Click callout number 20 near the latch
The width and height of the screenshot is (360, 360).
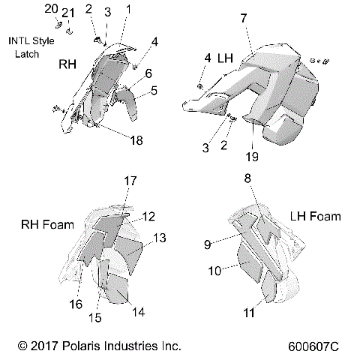coord(51,9)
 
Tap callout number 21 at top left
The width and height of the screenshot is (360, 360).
coord(69,13)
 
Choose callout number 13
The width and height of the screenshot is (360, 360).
coord(160,238)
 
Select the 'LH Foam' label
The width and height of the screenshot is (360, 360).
coord(315,216)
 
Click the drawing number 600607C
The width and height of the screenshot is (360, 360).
coord(313,347)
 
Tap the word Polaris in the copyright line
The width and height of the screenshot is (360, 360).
coord(76,347)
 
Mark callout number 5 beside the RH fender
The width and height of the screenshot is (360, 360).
coord(153,91)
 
